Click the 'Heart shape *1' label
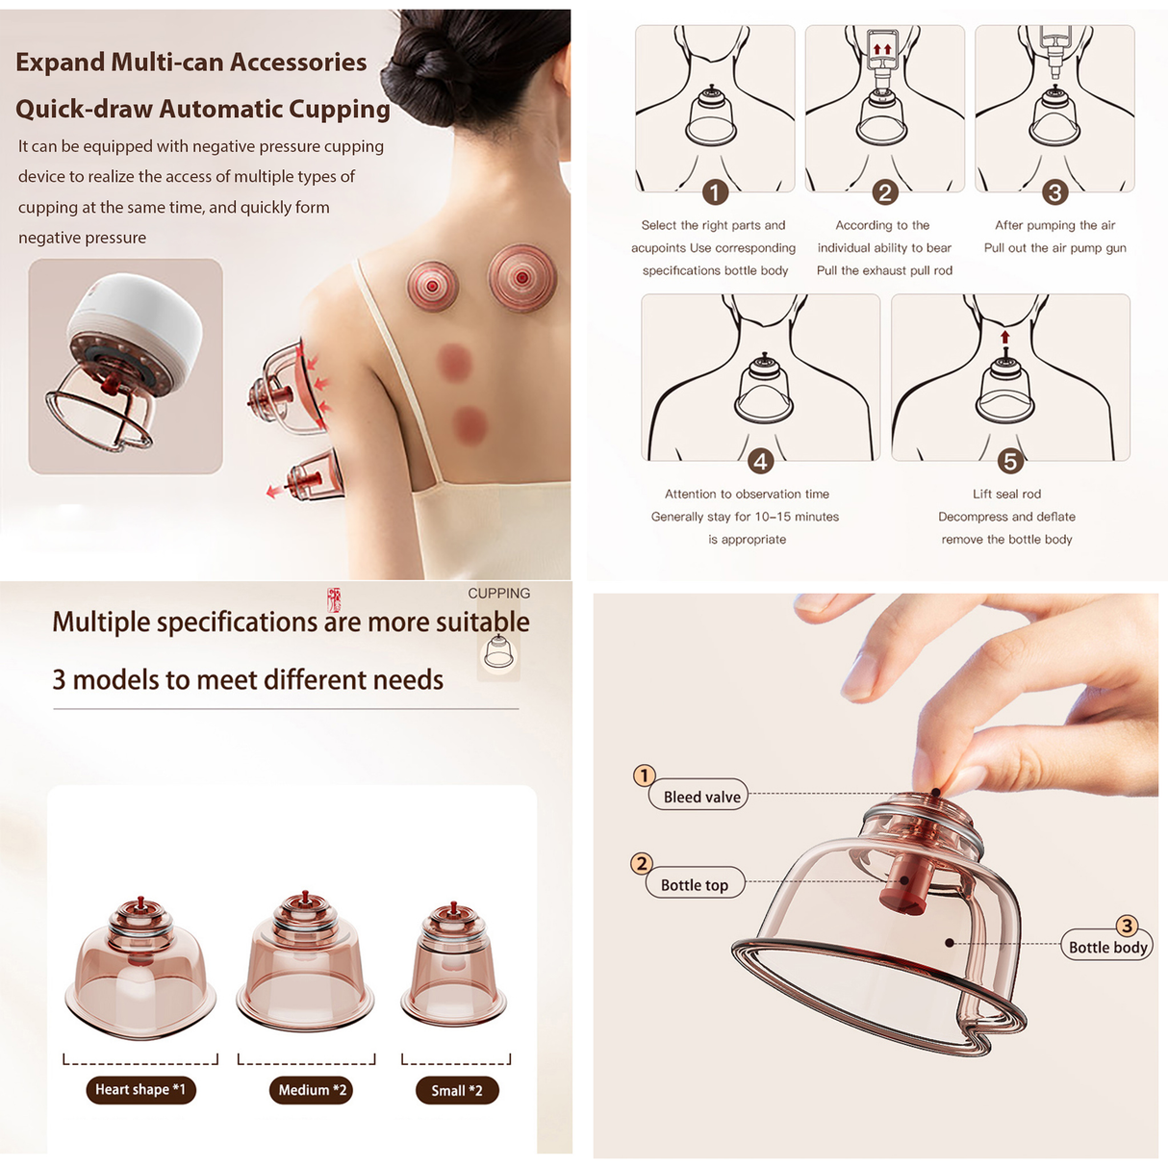(x=140, y=1089)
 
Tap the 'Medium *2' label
(x=311, y=1090)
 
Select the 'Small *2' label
(x=457, y=1090)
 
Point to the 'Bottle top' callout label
(x=695, y=885)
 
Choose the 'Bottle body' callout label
(x=1107, y=947)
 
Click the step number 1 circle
(x=715, y=192)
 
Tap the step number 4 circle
(x=760, y=462)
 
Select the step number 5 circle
(x=1010, y=462)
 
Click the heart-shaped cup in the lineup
(x=140, y=972)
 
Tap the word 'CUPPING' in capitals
(x=498, y=594)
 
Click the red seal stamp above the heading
(x=334, y=600)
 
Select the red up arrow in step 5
(x=1005, y=338)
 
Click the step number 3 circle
(x=1054, y=192)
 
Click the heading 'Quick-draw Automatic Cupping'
(x=203, y=109)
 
